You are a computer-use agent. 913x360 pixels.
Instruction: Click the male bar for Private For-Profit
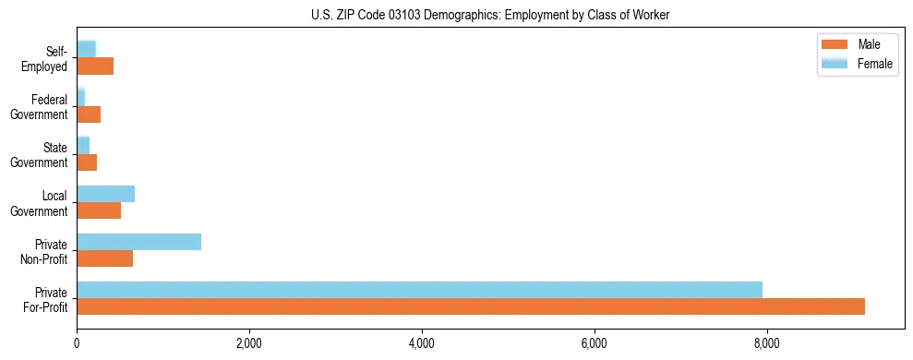coord(471,306)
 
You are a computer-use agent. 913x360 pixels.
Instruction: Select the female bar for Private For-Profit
coord(419,290)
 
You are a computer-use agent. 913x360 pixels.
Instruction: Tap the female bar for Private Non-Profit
coord(138,242)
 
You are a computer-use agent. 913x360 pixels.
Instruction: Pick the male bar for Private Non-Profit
coord(104,258)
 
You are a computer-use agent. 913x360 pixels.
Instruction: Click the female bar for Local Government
coord(105,194)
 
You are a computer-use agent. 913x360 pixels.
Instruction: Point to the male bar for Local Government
coord(99,210)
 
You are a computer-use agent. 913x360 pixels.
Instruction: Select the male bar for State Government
coord(87,162)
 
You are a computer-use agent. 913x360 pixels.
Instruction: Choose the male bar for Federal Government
coord(89,114)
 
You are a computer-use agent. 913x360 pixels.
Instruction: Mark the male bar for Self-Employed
coord(95,66)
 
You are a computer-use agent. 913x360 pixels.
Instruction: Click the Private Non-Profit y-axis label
coord(46,251)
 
